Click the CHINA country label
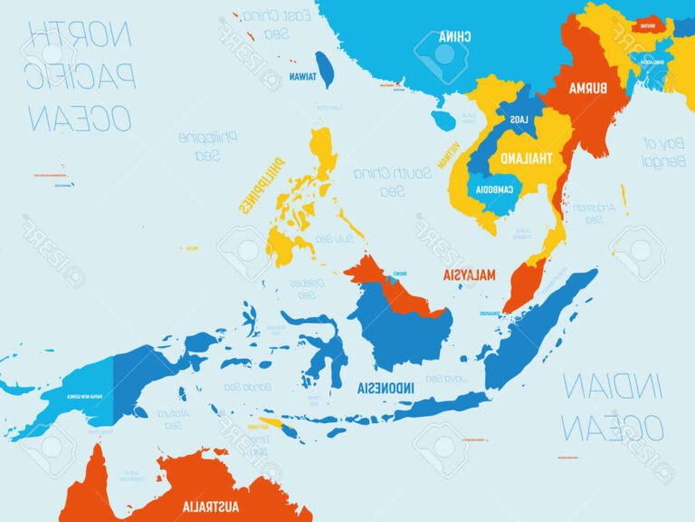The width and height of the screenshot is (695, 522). (x=454, y=37)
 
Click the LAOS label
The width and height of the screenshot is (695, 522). (x=518, y=120)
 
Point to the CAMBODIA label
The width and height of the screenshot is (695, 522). (x=493, y=189)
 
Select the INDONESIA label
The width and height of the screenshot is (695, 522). (x=386, y=388)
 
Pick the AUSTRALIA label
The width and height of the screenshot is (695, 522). (x=211, y=505)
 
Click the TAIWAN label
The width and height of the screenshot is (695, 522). (x=302, y=77)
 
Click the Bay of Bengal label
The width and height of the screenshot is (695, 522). (x=661, y=151)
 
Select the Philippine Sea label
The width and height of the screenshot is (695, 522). (x=207, y=146)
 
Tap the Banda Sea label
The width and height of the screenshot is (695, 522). (x=245, y=387)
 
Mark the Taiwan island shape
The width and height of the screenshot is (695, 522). (x=326, y=68)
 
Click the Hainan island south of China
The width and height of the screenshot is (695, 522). (x=443, y=121)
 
